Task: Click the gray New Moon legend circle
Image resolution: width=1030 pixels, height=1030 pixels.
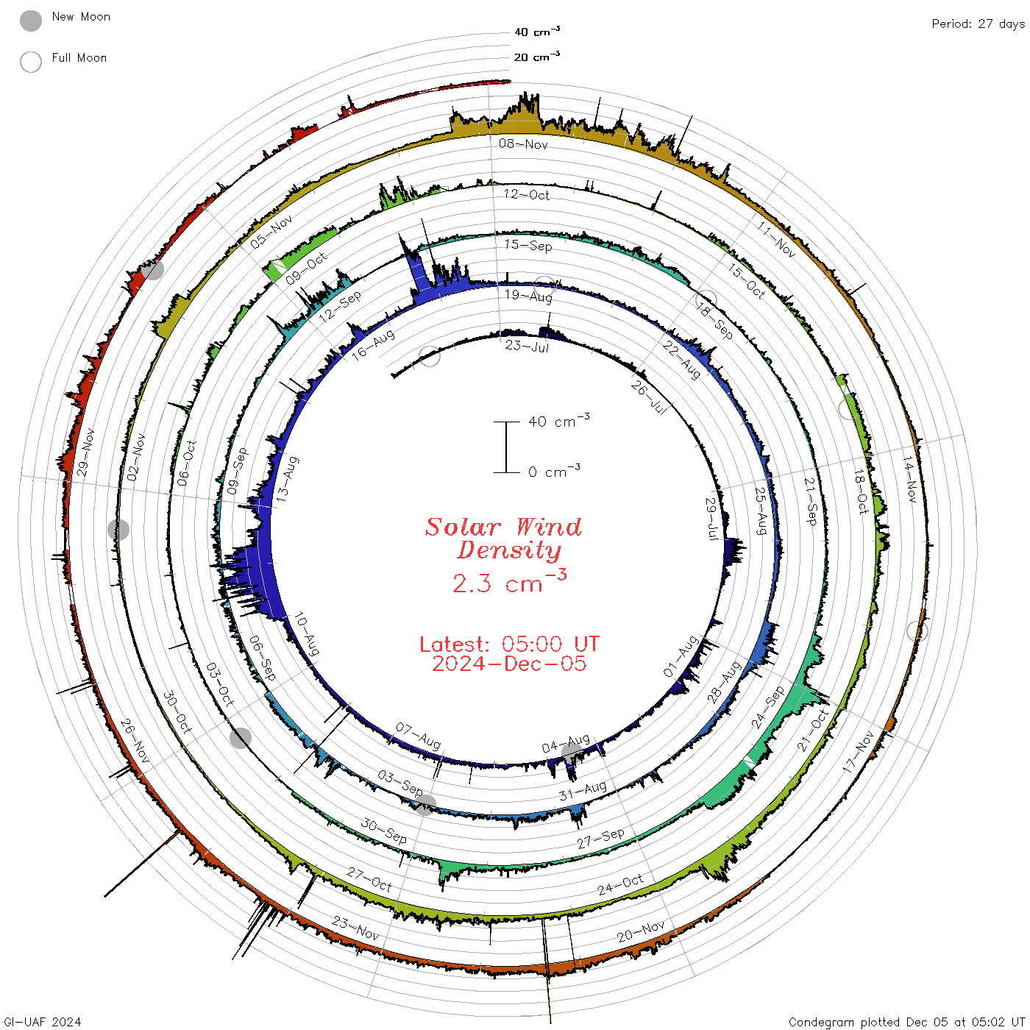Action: coord(30,21)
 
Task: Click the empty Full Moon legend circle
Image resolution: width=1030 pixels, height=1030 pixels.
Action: coord(30,62)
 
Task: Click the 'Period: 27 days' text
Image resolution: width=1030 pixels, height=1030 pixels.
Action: coord(978,24)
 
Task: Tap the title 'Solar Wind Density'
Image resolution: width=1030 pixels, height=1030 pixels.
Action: coord(503,539)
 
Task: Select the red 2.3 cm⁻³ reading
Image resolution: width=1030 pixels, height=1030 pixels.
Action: coord(509,581)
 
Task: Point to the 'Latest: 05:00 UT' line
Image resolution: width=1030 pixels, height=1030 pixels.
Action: coord(509,644)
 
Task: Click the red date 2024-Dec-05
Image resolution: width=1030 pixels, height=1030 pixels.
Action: coord(509,664)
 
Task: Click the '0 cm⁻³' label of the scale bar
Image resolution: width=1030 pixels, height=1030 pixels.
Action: coord(554,471)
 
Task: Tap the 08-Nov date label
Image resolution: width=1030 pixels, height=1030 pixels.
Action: coord(523,143)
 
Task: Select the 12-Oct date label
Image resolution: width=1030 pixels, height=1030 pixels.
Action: coord(526,194)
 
